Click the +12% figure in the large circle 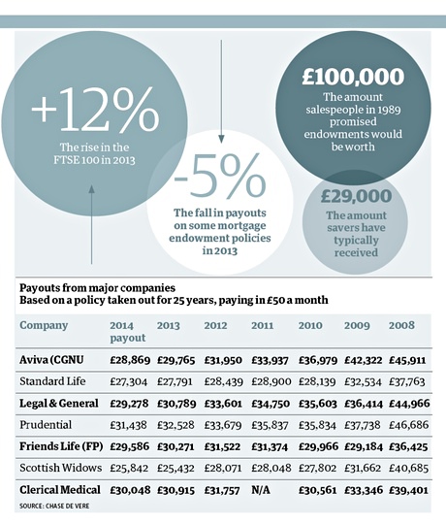(95, 109)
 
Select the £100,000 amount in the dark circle (353, 77)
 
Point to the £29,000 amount (356, 196)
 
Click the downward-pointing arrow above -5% (221, 92)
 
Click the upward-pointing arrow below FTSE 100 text (92, 224)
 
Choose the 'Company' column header (44, 325)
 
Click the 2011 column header (263, 325)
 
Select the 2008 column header (401, 325)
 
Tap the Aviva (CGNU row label (51, 360)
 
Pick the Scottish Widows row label (60, 468)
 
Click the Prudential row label (46, 425)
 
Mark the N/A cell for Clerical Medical (261, 490)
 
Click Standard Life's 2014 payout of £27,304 (129, 381)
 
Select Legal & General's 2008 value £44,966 (409, 404)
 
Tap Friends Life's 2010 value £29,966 (318, 446)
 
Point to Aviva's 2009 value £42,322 (364, 360)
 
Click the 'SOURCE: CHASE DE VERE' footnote (54, 506)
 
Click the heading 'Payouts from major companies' (97, 288)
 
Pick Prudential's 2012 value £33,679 (223, 425)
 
